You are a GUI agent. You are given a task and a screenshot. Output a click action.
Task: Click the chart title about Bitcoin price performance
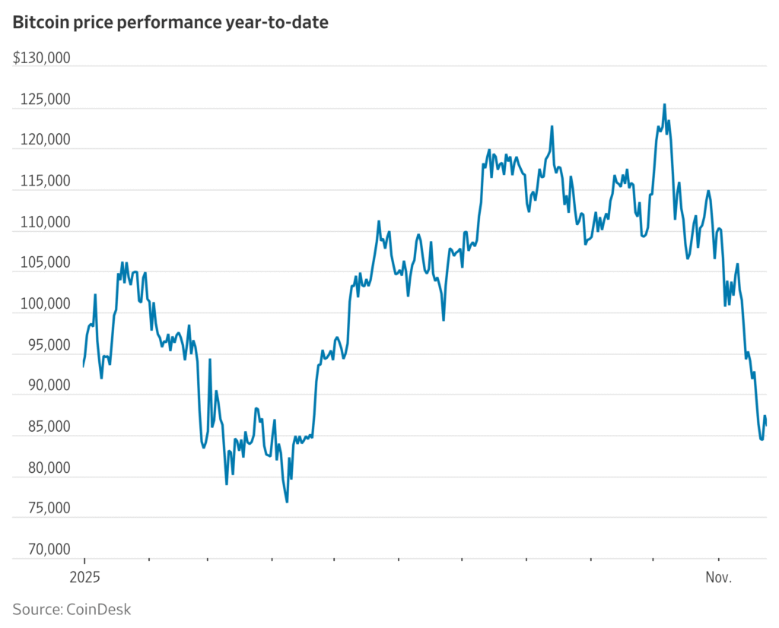pyautogui.click(x=170, y=23)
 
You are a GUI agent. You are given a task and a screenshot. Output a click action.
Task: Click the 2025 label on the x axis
pyautogui.click(x=84, y=578)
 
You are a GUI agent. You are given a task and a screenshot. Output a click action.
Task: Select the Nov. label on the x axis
pyautogui.click(x=718, y=578)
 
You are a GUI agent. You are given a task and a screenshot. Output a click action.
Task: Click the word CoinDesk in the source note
pyautogui.click(x=97, y=609)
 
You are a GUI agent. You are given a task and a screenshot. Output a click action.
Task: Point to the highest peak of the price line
pyautogui.click(x=664, y=105)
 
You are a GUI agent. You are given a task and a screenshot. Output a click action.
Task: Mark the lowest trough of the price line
pyautogui.click(x=287, y=502)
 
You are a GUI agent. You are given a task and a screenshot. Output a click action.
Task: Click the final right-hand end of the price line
pyautogui.click(x=765, y=424)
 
